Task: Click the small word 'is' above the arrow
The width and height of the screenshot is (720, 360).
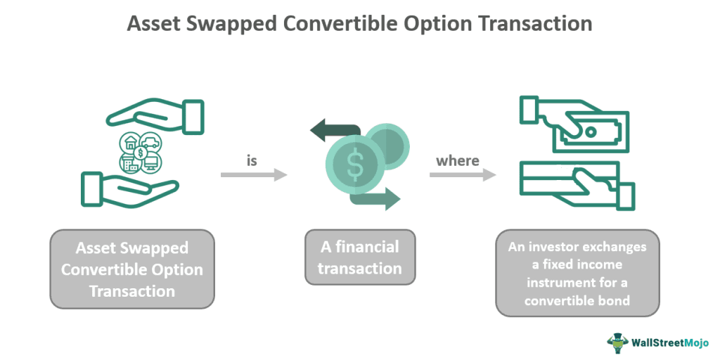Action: pyautogui.click(x=252, y=161)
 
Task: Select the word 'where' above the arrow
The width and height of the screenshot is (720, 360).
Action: pyautogui.click(x=458, y=161)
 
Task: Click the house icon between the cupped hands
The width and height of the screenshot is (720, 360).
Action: pyautogui.click(x=131, y=143)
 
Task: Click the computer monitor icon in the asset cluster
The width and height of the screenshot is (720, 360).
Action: pyautogui.click(x=150, y=163)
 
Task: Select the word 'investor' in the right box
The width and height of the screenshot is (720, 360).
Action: pyautogui.click(x=565, y=247)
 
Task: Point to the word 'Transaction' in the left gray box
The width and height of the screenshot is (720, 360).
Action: pyautogui.click(x=131, y=290)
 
